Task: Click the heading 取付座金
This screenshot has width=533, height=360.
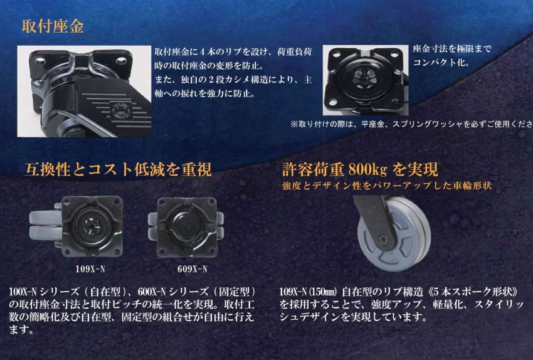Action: coord(53,26)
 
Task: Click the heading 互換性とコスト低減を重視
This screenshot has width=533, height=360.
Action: coord(119,169)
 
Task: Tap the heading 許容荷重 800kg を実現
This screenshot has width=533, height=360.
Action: coord(360,169)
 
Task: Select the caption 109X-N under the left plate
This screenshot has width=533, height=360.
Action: coord(90,269)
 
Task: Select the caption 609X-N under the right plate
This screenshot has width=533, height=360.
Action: coord(192,269)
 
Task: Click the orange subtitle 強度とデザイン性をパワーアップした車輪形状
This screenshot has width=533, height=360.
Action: coord(387,186)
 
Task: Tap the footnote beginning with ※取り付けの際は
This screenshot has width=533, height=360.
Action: coord(411,124)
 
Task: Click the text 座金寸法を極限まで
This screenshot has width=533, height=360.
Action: coord(452,49)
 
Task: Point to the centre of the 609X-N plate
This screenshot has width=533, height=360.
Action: coord(186,227)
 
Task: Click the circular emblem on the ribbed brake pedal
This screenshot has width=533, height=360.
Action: coord(120,110)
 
